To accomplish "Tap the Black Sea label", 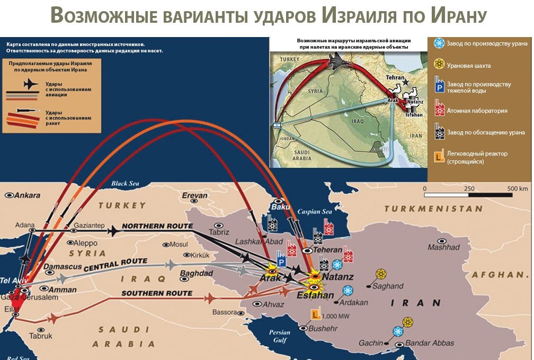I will tap(124, 184).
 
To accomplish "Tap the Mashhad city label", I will tap(443, 247).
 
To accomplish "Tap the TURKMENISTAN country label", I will tap(433, 209).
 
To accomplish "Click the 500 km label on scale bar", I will tap(517, 189).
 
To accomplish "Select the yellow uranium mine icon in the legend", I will tap(439, 65).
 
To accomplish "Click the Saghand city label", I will tap(388, 286).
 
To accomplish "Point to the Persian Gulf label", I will tap(279, 336).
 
